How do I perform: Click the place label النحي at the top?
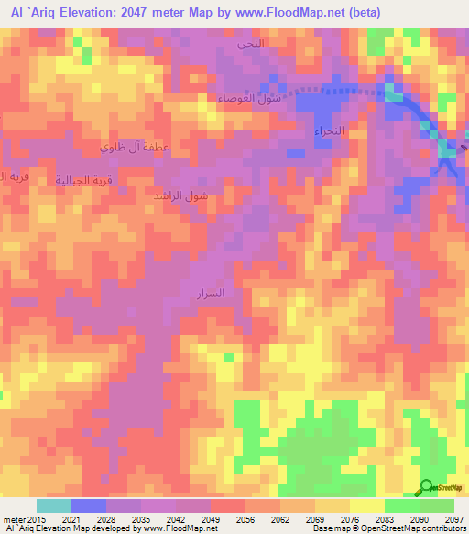click(x=249, y=43)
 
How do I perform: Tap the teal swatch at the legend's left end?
click(x=53, y=506)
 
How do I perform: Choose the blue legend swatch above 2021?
click(x=88, y=506)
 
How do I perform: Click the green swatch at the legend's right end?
click(x=436, y=506)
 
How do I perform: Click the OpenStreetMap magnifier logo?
click(x=426, y=487)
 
